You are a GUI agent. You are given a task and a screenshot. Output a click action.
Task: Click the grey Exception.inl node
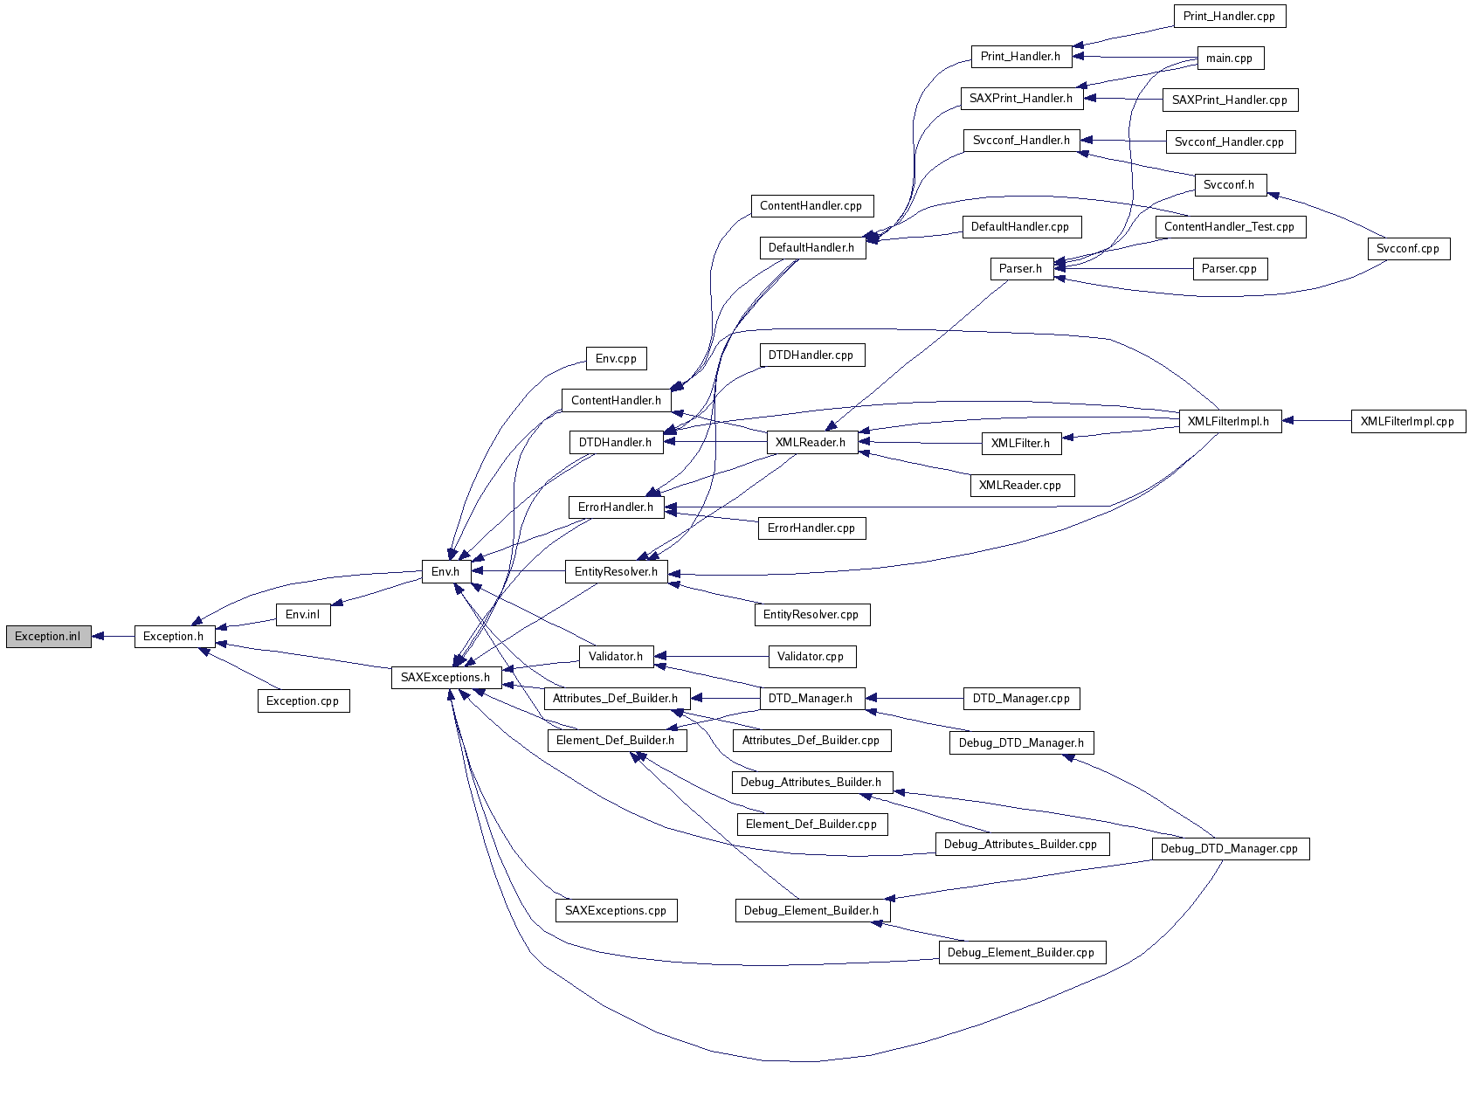click(x=48, y=637)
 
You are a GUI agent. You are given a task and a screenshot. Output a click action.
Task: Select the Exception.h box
click(x=174, y=637)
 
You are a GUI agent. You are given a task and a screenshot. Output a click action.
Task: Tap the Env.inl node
click(x=303, y=615)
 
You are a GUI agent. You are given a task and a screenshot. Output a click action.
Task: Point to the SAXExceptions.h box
click(x=445, y=678)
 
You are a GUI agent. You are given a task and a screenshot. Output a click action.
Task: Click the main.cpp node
click(x=1229, y=59)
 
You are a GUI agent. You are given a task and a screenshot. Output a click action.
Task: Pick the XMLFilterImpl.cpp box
click(x=1407, y=422)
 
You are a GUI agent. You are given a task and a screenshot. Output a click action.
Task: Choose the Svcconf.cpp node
click(x=1407, y=249)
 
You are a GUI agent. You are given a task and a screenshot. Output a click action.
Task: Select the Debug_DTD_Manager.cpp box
click(x=1229, y=849)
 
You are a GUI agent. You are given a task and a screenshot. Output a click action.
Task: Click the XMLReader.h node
click(x=811, y=443)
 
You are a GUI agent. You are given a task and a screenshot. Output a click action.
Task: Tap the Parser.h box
click(x=1020, y=269)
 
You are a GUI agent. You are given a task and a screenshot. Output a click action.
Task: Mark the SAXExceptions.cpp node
click(x=616, y=911)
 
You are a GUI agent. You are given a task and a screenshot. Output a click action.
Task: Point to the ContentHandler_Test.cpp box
click(x=1229, y=227)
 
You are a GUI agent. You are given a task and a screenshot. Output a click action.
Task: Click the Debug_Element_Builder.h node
click(x=811, y=911)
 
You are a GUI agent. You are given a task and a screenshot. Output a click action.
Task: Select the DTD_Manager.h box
click(x=811, y=699)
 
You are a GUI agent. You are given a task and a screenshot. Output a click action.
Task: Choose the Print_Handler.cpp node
click(x=1229, y=17)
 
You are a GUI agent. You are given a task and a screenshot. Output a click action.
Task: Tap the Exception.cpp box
click(x=303, y=701)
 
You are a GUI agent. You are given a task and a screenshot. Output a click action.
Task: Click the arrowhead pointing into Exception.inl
click(x=99, y=637)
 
